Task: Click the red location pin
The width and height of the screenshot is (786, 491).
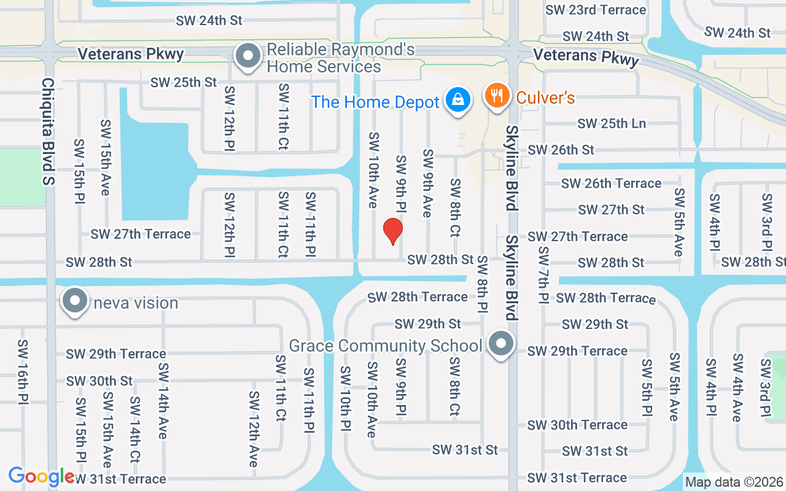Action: (x=392, y=231)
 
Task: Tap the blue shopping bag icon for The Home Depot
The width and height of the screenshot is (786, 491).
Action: (x=457, y=98)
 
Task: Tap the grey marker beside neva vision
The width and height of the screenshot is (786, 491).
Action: (x=75, y=301)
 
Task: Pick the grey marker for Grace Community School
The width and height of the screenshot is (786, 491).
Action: (x=501, y=343)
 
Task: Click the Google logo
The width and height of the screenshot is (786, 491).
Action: (x=41, y=476)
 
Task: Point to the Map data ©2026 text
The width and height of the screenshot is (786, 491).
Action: (x=734, y=482)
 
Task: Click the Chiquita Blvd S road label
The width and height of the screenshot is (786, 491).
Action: (x=49, y=131)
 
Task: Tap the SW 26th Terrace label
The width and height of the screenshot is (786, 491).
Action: (x=611, y=183)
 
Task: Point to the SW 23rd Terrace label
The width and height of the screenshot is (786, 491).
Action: (x=596, y=10)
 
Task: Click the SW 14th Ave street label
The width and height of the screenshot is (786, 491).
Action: (x=163, y=401)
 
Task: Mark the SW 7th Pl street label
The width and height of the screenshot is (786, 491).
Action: (x=543, y=275)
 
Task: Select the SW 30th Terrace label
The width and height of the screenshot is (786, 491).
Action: (x=577, y=425)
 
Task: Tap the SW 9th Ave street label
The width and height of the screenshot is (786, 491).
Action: (x=428, y=183)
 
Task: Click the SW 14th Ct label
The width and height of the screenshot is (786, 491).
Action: (x=135, y=430)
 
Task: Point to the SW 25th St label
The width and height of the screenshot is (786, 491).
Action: (x=184, y=82)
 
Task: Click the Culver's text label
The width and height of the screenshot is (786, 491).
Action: (x=545, y=98)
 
